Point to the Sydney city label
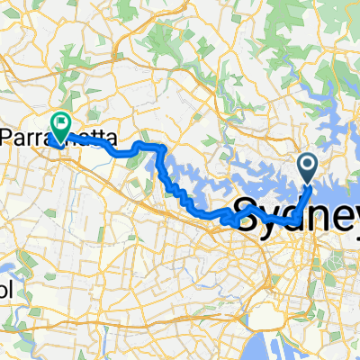click(297, 217)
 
